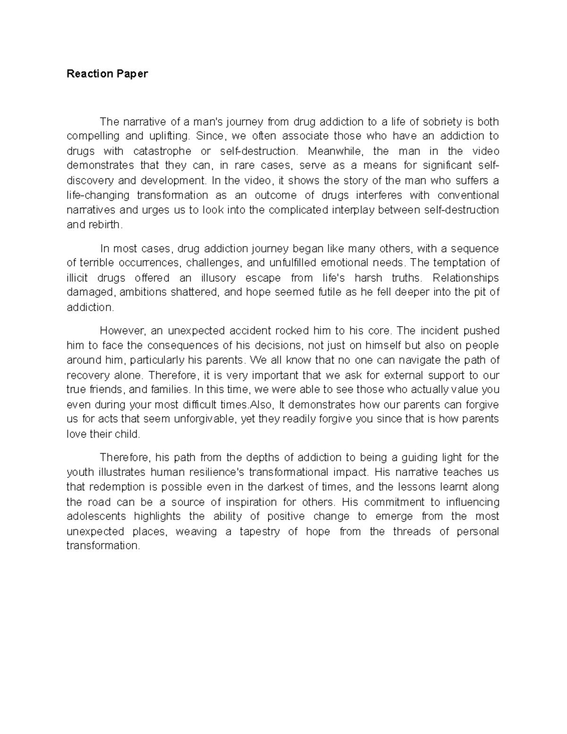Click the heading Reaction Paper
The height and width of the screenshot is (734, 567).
(x=107, y=74)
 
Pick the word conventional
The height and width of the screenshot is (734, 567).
(x=468, y=195)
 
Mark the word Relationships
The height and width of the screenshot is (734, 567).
(x=465, y=277)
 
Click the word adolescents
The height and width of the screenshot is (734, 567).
(x=96, y=516)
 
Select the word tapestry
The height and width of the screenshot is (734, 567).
(x=260, y=531)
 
